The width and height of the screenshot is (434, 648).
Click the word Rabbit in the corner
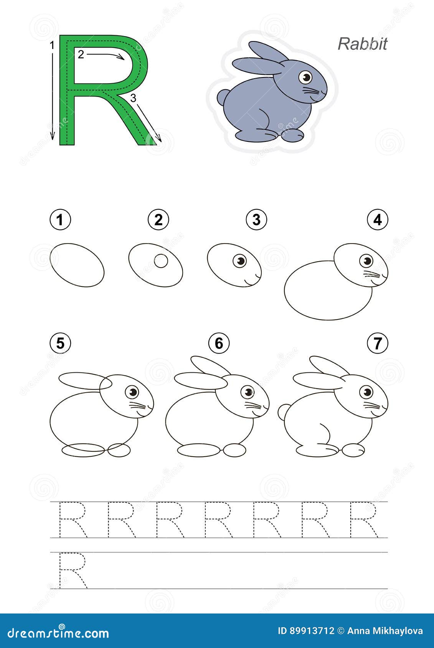tap(362, 44)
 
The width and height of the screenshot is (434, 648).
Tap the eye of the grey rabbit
tap(305, 77)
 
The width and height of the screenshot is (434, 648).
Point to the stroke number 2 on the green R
tap(81, 54)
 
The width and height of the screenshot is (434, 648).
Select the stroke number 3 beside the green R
tap(133, 99)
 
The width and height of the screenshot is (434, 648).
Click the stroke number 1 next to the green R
tap(52, 46)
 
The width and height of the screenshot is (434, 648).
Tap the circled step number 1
tap(60, 220)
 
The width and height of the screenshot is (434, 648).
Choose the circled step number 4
tap(378, 220)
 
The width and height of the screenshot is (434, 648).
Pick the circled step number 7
tap(378, 343)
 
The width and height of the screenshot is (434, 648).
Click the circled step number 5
tap(60, 343)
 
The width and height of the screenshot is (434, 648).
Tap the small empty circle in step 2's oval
tap(161, 261)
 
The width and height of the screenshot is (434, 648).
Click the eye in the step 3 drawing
tap(240, 261)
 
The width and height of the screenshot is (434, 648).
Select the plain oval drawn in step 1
tap(77, 265)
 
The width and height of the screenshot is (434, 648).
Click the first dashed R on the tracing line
tap(73, 520)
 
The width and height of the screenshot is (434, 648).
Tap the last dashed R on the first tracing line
tap(364, 520)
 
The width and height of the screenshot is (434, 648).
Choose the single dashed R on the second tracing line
tap(73, 571)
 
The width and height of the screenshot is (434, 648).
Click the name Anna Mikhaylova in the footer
tap(385, 631)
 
